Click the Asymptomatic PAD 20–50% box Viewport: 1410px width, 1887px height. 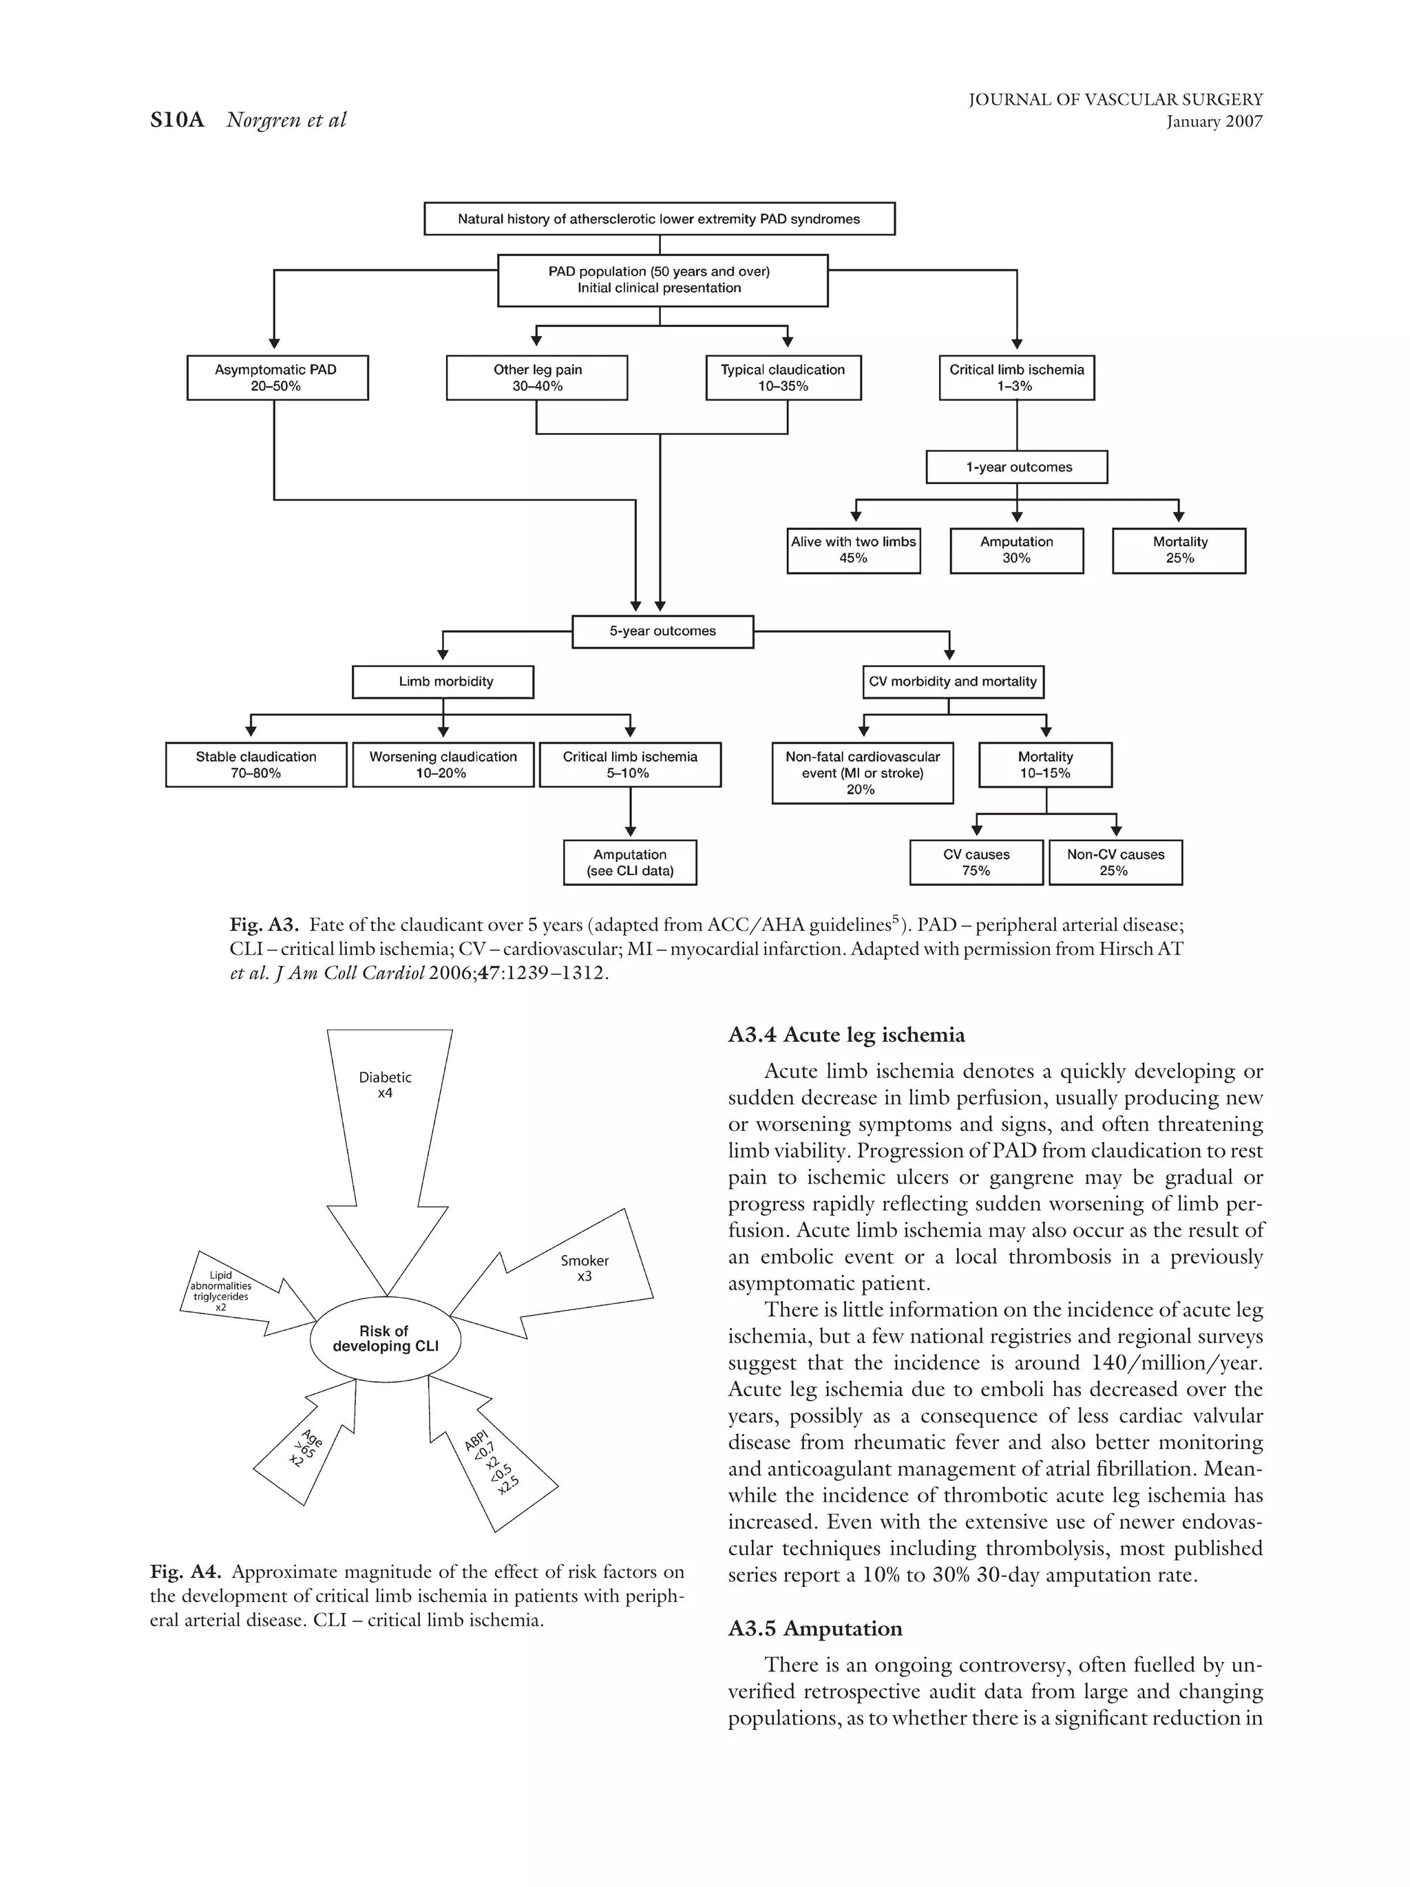pos(277,377)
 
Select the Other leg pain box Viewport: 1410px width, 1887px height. pos(536,377)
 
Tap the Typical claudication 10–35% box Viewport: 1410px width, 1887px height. pos(782,377)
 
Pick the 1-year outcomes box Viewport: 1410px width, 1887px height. pos(1016,467)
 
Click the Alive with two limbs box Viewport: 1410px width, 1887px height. pos(853,550)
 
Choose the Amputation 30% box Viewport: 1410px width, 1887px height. pos(1016,550)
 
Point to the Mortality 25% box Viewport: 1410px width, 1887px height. pos(1178,550)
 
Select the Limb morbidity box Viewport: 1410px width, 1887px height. pos(443,682)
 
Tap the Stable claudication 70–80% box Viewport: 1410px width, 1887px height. pos(256,764)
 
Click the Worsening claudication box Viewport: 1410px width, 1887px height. pos(443,764)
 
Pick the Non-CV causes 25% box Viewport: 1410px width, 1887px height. pos(1115,863)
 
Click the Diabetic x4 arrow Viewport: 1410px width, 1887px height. pos(387,1135)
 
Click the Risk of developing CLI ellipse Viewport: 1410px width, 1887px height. pos(386,1338)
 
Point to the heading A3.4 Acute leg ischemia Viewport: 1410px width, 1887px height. pos(846,1035)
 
